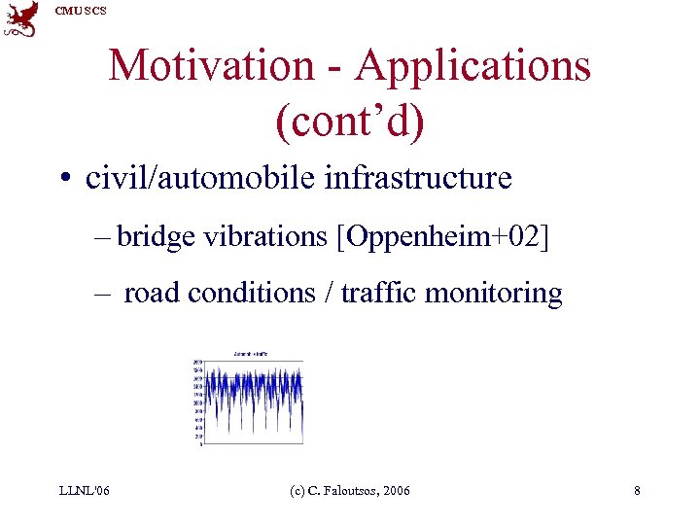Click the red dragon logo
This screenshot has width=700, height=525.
(x=20, y=18)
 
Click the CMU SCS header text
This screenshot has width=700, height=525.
(x=81, y=10)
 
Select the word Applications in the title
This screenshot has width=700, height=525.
(x=473, y=66)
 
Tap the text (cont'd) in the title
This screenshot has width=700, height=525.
(x=350, y=122)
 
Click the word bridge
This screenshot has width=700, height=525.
(x=156, y=236)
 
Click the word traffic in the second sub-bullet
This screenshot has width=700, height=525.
(x=390, y=293)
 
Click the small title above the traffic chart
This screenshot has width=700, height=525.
(x=250, y=353)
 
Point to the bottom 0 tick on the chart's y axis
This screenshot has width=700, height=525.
(x=200, y=445)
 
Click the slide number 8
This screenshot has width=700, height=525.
(x=637, y=491)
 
